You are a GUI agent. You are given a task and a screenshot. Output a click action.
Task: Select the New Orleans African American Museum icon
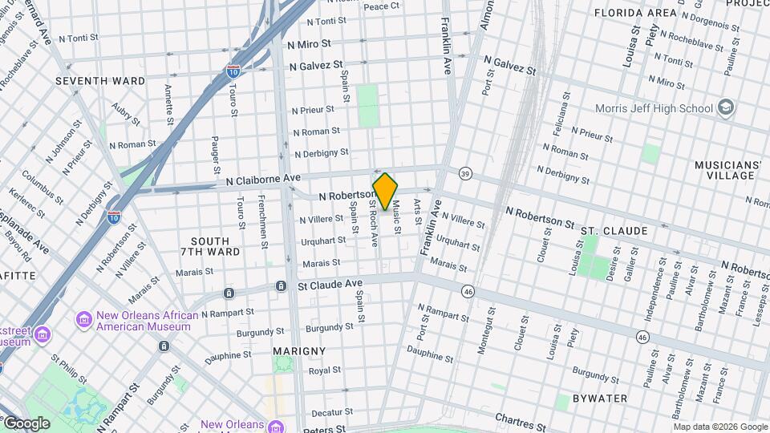coord(84,321)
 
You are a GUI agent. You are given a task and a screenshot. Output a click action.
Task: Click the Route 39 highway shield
coord(465,173)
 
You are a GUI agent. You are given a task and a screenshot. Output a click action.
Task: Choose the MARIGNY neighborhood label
coord(299,351)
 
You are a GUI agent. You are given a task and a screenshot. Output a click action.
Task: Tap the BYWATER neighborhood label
coord(601,398)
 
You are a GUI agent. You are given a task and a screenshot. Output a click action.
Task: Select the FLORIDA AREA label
coord(634,14)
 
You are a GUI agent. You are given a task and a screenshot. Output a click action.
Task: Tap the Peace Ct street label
coord(381,6)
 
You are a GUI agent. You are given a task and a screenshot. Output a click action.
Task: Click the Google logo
coord(26,423)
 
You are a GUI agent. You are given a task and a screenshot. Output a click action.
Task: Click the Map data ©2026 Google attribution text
coord(719,427)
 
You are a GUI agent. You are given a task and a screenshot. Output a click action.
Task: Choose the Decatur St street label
coord(327,412)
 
